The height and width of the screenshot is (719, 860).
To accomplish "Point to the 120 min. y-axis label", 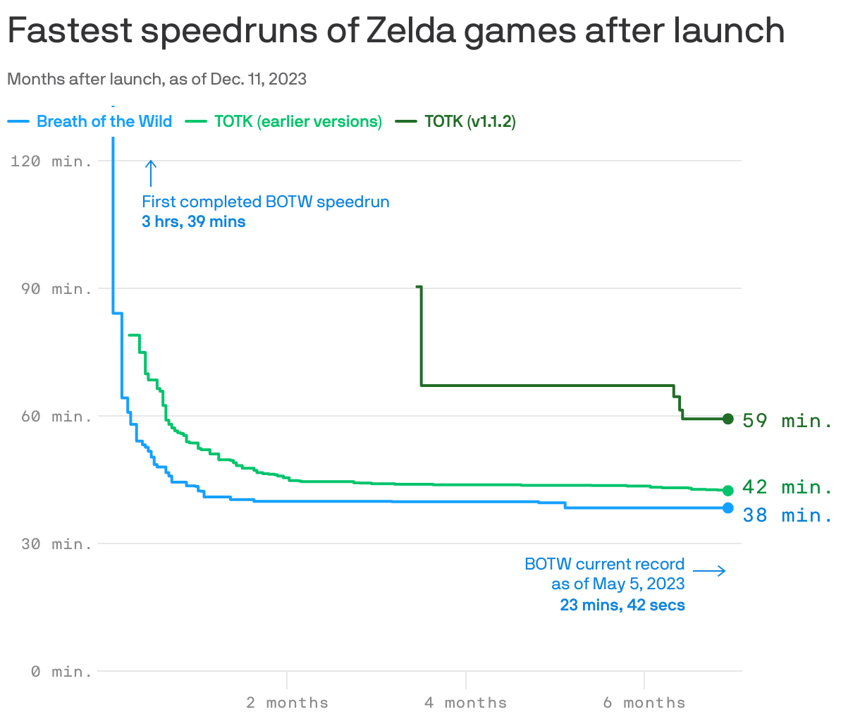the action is pyautogui.click(x=51, y=161).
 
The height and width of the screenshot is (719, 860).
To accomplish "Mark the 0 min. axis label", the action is pyautogui.click(x=62, y=672).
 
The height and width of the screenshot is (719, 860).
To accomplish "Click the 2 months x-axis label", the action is pyautogui.click(x=287, y=703).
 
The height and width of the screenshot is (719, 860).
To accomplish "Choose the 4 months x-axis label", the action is pyautogui.click(x=465, y=703).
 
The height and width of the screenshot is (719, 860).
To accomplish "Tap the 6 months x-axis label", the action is pyautogui.click(x=644, y=703).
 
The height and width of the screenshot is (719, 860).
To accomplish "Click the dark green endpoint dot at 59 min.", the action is pyautogui.click(x=728, y=419).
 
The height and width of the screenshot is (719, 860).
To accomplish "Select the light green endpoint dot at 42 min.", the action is pyautogui.click(x=728, y=490).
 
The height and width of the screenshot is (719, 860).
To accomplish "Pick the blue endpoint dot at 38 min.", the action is pyautogui.click(x=728, y=508).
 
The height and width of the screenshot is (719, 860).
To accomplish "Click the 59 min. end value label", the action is pyautogui.click(x=787, y=421).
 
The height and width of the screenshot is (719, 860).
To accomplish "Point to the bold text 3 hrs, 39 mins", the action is pyautogui.click(x=193, y=222).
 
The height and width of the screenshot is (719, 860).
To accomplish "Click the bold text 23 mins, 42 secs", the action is pyautogui.click(x=622, y=605).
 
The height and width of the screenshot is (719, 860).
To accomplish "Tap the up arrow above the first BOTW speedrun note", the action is pyautogui.click(x=150, y=173).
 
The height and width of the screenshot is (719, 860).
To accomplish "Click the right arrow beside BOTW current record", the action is pyautogui.click(x=709, y=570).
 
